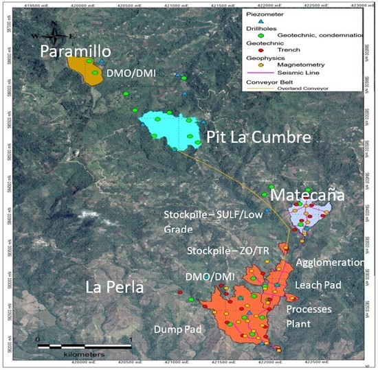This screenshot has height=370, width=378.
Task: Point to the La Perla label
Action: point(114,286)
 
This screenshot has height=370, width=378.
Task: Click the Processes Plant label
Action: point(309,316)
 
